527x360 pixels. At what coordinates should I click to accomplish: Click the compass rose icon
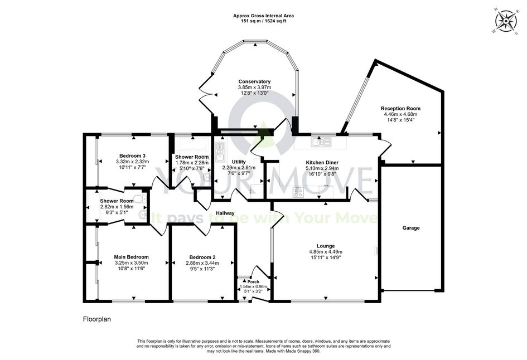(x=506, y=21)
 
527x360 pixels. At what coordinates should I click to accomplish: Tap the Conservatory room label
(x=254, y=81)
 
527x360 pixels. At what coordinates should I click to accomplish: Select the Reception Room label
(x=400, y=109)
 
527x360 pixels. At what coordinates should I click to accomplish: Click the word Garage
(x=411, y=228)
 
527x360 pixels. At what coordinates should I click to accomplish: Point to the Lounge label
(x=326, y=246)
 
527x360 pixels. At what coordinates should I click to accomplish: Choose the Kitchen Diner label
(x=322, y=163)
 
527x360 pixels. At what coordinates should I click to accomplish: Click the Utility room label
(x=239, y=162)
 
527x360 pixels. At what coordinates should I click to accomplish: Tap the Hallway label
(x=225, y=213)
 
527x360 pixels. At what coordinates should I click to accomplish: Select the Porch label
(x=253, y=282)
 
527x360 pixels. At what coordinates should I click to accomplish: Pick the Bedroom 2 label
(x=202, y=257)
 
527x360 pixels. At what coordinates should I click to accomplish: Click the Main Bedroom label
(x=131, y=257)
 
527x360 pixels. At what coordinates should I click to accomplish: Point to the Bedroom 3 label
(x=132, y=156)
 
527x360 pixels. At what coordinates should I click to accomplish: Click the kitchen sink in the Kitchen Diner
(x=322, y=143)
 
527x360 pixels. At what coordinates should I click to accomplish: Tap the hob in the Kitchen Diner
(x=298, y=192)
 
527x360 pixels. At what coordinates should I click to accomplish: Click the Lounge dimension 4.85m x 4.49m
(x=326, y=251)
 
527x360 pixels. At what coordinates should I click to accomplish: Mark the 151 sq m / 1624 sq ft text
(x=264, y=21)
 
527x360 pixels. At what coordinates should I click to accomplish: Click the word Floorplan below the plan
(x=97, y=319)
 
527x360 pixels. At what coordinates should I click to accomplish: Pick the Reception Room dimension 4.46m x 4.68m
(x=400, y=114)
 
